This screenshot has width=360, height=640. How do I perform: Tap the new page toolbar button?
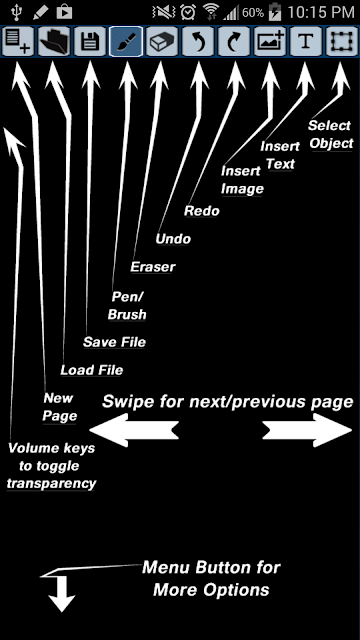18,41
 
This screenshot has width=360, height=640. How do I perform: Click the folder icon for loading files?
54,41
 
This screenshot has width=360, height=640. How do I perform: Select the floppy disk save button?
90,41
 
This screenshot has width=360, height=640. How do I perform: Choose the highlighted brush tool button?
126,41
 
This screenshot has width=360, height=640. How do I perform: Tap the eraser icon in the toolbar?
162,41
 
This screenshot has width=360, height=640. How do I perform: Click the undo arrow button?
198,41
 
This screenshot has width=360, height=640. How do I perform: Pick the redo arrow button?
234,41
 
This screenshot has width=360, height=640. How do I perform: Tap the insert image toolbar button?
270,41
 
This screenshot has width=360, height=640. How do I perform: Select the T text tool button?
306,41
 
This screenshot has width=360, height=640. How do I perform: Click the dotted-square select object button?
342,41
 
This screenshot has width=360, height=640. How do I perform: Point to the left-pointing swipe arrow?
134,430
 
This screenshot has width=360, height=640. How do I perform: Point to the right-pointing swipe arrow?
307,430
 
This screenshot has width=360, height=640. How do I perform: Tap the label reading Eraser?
153,267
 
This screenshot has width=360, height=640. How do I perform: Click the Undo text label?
173,239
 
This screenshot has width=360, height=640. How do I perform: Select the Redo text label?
202,211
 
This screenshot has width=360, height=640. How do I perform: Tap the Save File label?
114,342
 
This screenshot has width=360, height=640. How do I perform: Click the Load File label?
92,370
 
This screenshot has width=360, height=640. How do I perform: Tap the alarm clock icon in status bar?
188,12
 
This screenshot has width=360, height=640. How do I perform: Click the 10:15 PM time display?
321,12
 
